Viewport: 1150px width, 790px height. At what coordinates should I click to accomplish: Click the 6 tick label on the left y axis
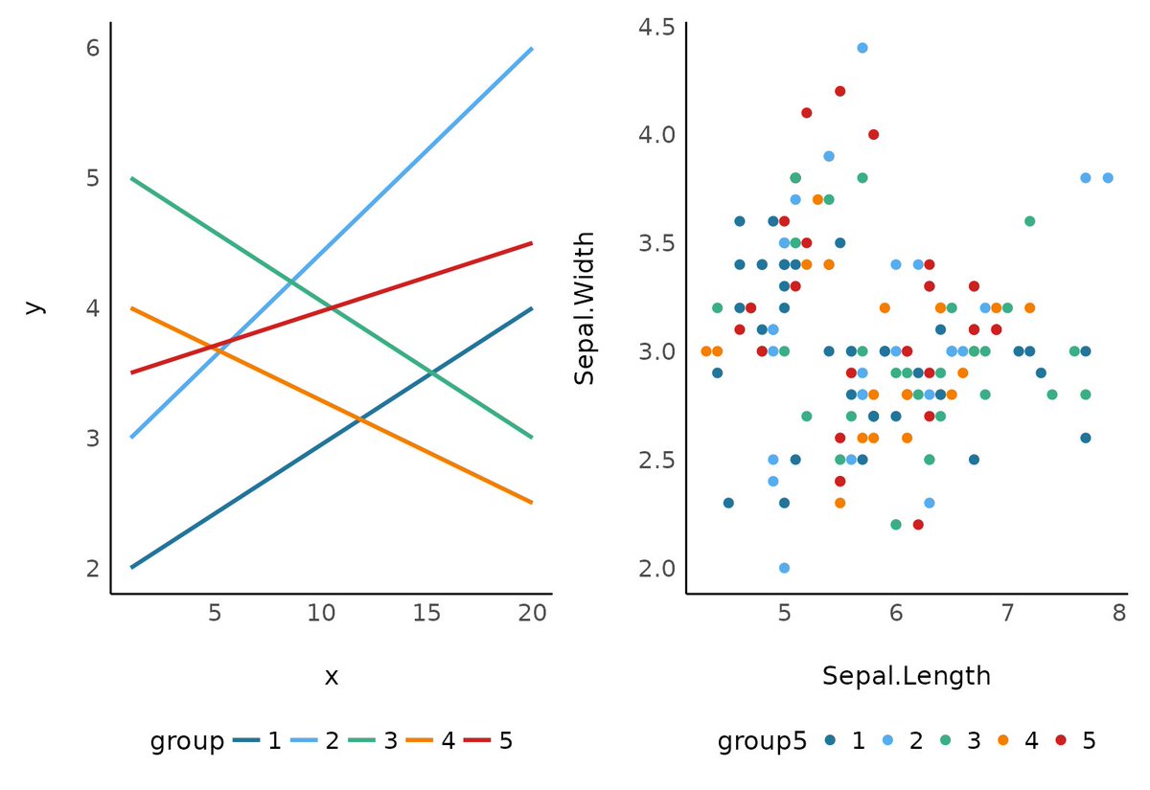point(93,48)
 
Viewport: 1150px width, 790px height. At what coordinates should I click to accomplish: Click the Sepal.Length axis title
point(906,676)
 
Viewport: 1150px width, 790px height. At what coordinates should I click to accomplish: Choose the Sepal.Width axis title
point(585,307)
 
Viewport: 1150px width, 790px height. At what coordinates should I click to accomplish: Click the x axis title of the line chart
point(331,677)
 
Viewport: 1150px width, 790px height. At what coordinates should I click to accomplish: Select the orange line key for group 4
point(422,741)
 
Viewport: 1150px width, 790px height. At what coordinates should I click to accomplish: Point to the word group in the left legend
point(187,741)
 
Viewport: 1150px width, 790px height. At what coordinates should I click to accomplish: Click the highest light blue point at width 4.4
point(862,48)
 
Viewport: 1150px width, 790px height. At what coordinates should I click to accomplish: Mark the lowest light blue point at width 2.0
point(784,568)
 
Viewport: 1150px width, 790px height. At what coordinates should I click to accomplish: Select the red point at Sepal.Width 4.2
point(839,91)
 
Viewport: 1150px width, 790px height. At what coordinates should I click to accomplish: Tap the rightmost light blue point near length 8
point(1107,178)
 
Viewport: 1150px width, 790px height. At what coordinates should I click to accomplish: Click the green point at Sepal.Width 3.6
point(1029,221)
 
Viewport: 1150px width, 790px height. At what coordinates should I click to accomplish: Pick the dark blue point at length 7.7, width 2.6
point(1085,438)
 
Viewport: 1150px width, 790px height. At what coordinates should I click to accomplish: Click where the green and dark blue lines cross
point(431,372)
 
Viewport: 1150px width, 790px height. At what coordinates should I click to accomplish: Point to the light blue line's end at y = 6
point(532,48)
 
